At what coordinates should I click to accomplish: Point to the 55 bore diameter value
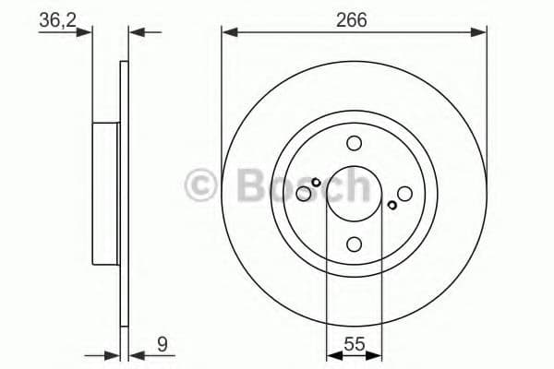pos(353,346)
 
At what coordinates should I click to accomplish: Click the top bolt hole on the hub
pos(354,144)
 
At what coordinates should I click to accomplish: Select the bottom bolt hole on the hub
pos(354,244)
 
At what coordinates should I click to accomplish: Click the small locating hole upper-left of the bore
pos(316,182)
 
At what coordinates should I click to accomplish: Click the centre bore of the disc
pos(354,194)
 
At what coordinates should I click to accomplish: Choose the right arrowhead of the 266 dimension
pos(480,32)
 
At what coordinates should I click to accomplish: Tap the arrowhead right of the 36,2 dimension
pos(135,32)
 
